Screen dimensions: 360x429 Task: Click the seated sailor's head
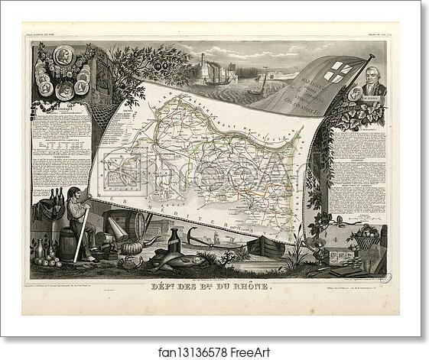73,194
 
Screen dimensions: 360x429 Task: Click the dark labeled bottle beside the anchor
174,240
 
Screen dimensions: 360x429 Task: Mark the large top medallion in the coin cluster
63,56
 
